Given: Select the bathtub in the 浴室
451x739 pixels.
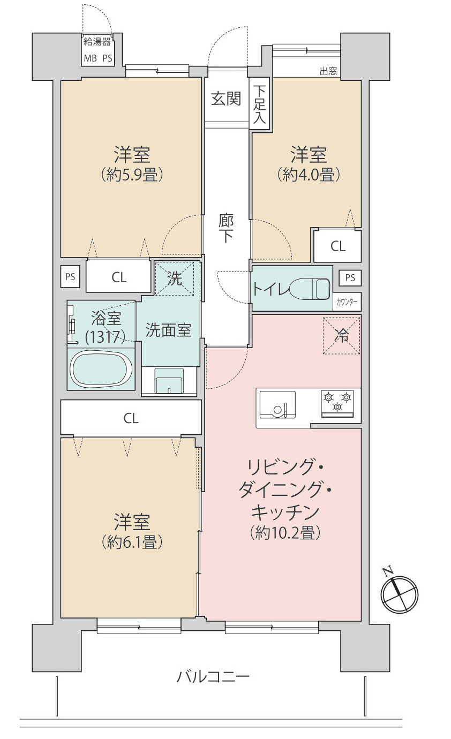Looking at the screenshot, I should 102,368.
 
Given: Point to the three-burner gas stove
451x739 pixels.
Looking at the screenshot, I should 337,403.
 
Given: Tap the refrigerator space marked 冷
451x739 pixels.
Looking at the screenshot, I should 341,335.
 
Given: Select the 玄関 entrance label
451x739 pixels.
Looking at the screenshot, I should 225,99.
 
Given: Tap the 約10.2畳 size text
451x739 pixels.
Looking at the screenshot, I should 284,533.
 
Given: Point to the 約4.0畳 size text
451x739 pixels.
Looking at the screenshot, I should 309,175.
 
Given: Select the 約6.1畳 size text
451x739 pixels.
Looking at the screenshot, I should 131,542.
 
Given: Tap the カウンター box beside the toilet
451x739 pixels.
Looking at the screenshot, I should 347,301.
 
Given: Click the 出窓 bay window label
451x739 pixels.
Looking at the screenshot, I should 328,71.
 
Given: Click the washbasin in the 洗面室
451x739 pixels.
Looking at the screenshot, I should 169,381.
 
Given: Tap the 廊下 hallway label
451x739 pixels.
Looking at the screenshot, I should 225,229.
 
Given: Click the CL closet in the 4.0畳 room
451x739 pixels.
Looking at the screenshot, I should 337,246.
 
